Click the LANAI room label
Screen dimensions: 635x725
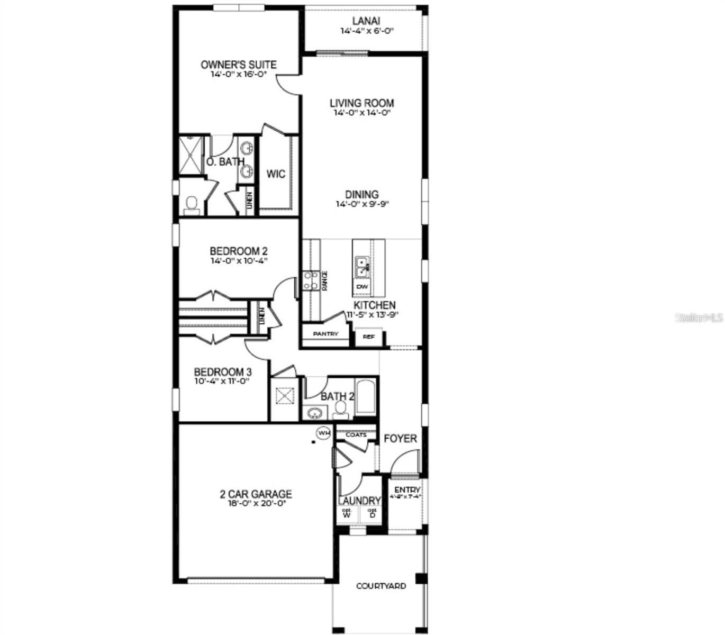[366, 21]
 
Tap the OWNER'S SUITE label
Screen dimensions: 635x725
[238, 65]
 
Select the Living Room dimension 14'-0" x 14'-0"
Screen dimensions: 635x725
[362, 113]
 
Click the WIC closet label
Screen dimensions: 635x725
[276, 174]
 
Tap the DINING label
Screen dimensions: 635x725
[362, 194]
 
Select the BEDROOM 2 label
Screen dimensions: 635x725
[238, 251]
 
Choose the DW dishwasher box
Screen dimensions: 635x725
[362, 287]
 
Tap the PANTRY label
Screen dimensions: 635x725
[325, 334]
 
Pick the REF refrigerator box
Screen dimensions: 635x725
[368, 337]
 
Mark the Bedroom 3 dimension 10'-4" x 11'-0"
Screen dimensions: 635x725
[222, 381]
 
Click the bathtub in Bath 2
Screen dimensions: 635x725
[366, 397]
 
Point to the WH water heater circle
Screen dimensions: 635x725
[323, 433]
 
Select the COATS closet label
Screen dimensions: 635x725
[356, 435]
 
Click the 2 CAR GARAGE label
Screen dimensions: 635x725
[256, 494]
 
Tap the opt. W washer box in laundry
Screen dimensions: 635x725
[347, 513]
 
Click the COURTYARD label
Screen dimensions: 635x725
[381, 586]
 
